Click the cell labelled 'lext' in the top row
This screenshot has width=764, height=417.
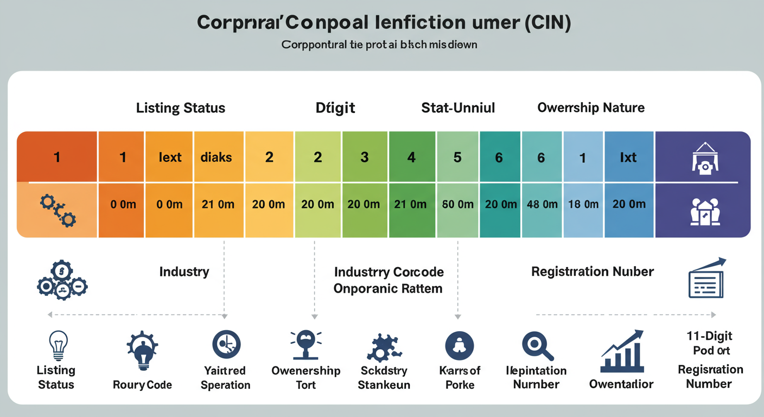(170, 157)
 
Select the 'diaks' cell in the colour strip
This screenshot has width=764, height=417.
(216, 157)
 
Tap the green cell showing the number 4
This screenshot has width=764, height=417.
(411, 157)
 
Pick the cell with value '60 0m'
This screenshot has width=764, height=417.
(458, 205)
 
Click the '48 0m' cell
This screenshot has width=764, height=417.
(542, 205)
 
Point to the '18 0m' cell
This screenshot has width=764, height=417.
(583, 205)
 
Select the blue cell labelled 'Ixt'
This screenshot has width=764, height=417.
(628, 157)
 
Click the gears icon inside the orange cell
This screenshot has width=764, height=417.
(58, 211)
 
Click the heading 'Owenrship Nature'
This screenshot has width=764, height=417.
(591, 108)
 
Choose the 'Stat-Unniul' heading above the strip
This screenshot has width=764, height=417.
(458, 108)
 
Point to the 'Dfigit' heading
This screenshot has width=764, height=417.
(335, 108)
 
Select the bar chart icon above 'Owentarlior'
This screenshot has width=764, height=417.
(622, 352)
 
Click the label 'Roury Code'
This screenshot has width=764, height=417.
(142, 385)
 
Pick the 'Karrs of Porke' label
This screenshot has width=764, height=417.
(460, 378)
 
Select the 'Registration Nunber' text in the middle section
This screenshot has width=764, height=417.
(593, 271)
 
